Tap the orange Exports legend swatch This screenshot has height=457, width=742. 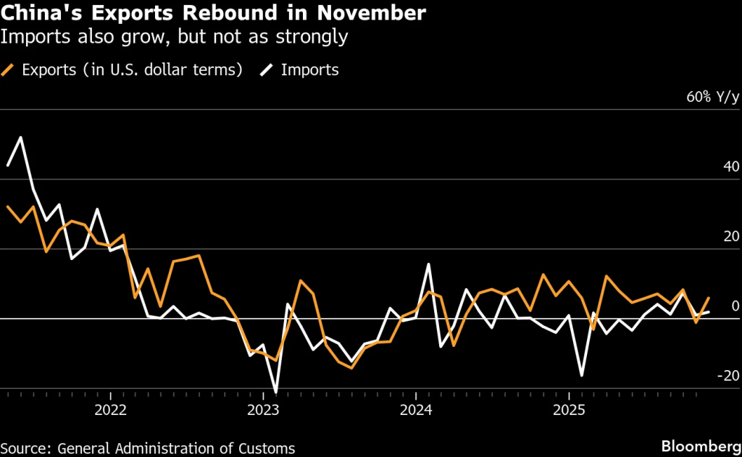click(9, 70)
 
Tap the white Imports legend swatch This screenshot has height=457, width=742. click(268, 70)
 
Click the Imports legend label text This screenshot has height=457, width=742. click(309, 70)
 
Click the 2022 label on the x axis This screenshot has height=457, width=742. click(110, 411)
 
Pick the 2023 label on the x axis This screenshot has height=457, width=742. click(263, 411)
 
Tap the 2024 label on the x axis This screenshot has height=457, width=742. click(416, 411)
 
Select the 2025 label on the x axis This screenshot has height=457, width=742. click(569, 411)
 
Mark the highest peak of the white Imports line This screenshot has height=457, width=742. click(20, 137)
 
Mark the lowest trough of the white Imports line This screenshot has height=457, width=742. click(276, 392)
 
